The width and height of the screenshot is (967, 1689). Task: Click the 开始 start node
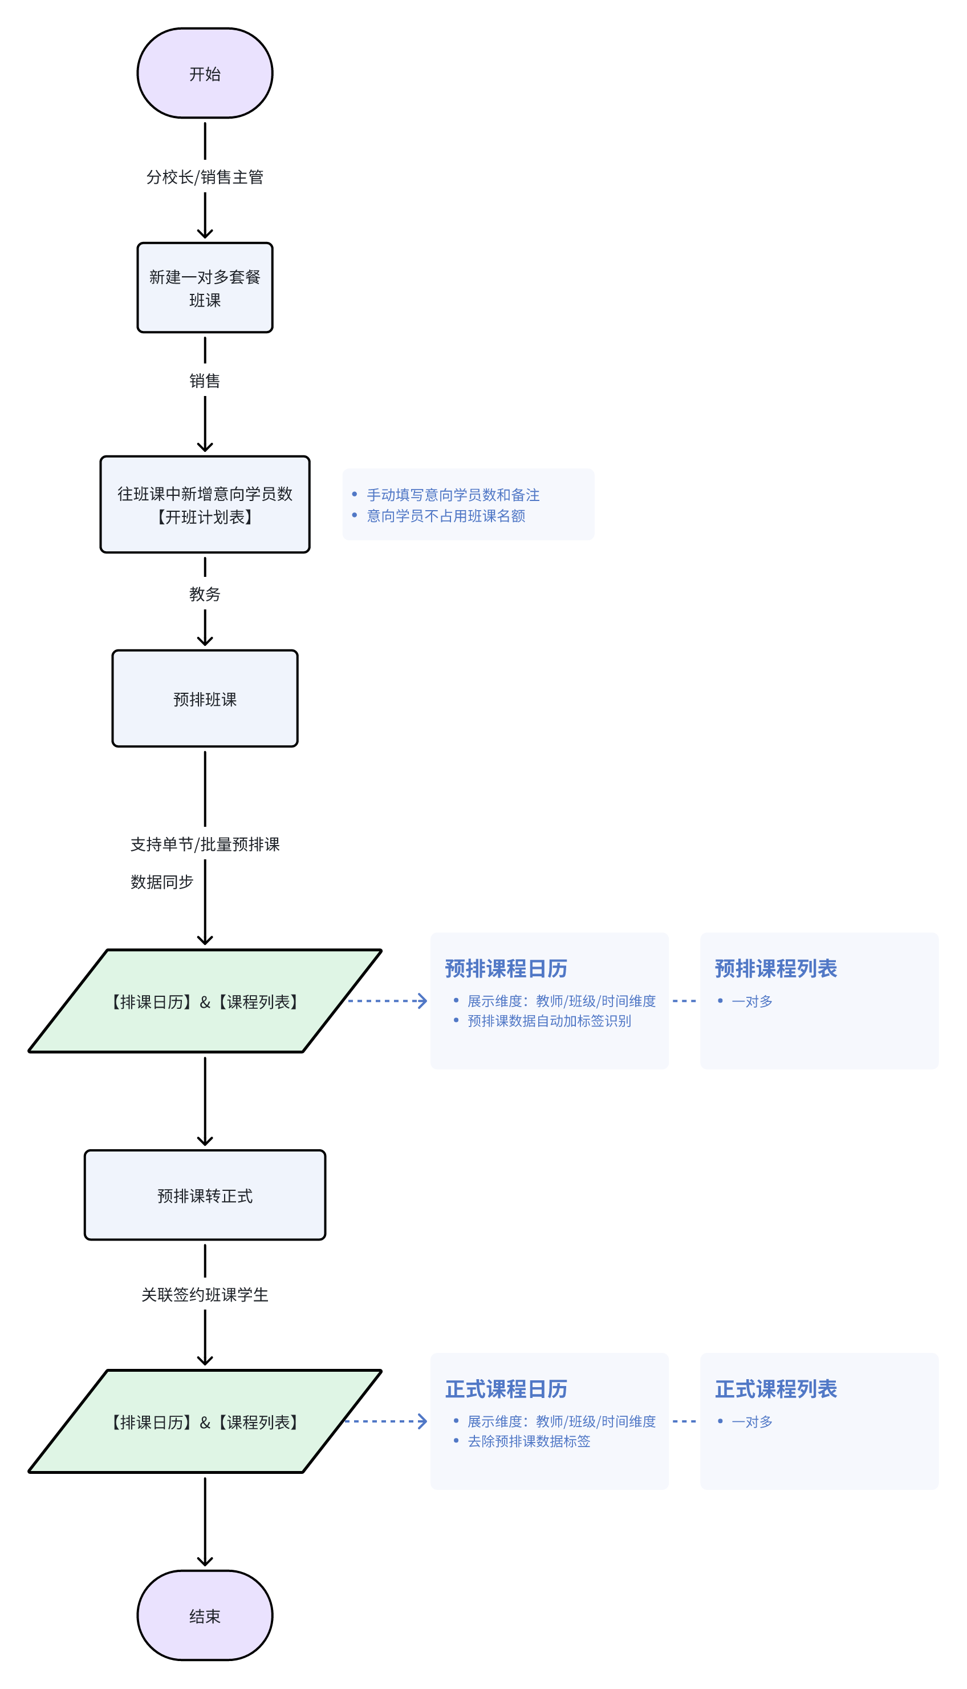pyautogui.click(x=205, y=73)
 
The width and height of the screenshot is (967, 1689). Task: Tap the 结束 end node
pyautogui.click(x=205, y=1615)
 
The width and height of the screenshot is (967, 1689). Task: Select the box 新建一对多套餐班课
pyautogui.click(x=205, y=288)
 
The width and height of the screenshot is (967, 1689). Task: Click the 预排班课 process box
pyautogui.click(x=205, y=699)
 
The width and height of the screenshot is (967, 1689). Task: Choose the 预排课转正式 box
pyautogui.click(x=205, y=1195)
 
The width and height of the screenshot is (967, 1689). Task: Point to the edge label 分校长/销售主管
pyautogui.click(x=205, y=177)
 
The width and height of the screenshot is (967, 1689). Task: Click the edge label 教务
pyautogui.click(x=205, y=594)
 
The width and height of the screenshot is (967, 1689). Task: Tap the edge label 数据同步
pyautogui.click(x=161, y=882)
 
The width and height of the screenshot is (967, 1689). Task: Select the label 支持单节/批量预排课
pyautogui.click(x=205, y=844)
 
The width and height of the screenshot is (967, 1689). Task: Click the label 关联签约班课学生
pyautogui.click(x=205, y=1295)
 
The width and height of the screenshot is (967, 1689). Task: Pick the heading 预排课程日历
pyautogui.click(x=506, y=969)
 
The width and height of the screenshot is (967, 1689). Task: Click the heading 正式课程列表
pyautogui.click(x=776, y=1389)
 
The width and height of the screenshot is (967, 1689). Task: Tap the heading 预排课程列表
pyautogui.click(x=776, y=969)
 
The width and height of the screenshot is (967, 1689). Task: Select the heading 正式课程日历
pyautogui.click(x=506, y=1389)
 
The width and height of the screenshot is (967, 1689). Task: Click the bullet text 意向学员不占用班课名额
pyautogui.click(x=446, y=516)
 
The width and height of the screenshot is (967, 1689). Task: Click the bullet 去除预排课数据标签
pyautogui.click(x=529, y=1441)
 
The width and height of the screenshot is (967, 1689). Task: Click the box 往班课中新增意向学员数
pyautogui.click(x=205, y=504)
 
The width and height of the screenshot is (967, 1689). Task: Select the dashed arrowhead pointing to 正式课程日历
pyautogui.click(x=422, y=1421)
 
